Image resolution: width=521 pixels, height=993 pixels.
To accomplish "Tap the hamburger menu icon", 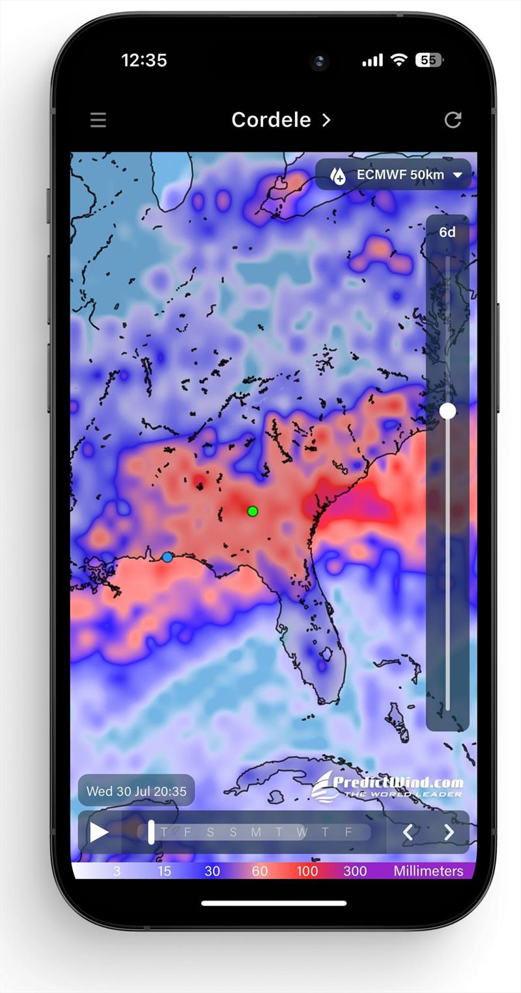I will [98, 120].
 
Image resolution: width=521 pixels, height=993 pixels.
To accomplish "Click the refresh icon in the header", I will [453, 120].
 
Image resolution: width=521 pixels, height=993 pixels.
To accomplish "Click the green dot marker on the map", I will [253, 511].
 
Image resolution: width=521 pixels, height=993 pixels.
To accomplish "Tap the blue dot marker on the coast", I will [167, 557].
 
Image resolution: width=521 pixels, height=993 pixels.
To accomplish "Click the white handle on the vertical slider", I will [447, 411].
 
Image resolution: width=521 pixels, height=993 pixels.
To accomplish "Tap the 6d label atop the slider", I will [447, 232].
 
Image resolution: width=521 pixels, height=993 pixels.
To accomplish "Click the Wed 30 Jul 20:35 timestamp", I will [136, 791].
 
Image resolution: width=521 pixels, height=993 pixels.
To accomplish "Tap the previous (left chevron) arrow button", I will [408, 832].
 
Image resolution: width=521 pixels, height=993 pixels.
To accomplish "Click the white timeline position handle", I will [151, 832].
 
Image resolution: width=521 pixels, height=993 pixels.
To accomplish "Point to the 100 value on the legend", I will [307, 871].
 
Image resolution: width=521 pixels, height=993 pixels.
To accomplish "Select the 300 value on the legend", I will [354, 871].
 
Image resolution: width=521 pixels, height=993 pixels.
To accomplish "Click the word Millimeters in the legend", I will [429, 871].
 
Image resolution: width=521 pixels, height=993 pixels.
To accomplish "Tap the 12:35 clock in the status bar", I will [144, 61].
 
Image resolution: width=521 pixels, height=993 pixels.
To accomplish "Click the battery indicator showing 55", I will [429, 61].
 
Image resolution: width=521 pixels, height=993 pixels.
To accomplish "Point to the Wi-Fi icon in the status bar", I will [399, 60].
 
